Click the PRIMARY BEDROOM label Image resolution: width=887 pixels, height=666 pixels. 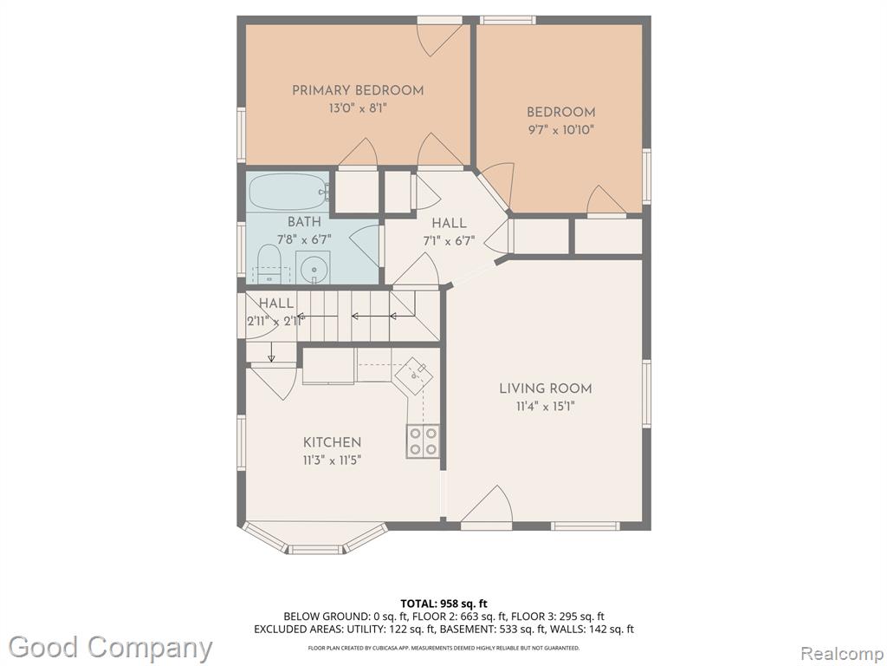tap(358, 90)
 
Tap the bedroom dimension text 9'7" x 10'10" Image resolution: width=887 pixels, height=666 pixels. tap(560, 130)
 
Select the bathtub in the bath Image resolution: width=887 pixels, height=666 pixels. tap(288, 192)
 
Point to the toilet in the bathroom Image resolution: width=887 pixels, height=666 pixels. tap(269, 264)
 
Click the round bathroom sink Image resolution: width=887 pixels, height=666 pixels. tap(313, 267)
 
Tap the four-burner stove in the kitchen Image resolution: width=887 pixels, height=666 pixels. tap(423, 441)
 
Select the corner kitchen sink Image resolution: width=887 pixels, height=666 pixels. tap(414, 374)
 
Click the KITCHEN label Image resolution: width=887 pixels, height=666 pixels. tap(332, 442)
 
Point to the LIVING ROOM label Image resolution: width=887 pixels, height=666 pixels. tap(546, 388)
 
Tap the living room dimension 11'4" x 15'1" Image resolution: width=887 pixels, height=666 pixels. tap(546, 406)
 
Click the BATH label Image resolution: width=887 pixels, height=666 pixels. tap(304, 221)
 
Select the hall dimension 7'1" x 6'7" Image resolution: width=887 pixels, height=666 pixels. tap(450, 241)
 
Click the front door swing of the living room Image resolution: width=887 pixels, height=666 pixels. tap(487, 506)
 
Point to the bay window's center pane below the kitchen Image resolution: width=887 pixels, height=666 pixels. tap(315, 549)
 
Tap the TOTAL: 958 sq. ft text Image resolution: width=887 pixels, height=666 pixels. tap(444, 604)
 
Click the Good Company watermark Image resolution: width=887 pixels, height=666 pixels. tap(111, 648)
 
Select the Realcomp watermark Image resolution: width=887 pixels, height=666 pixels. tap(842, 653)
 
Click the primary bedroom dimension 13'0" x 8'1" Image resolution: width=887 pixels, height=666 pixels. tap(358, 108)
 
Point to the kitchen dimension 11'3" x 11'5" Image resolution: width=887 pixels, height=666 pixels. tap(332, 460)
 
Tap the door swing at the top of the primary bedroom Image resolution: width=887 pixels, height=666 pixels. tap(439, 38)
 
